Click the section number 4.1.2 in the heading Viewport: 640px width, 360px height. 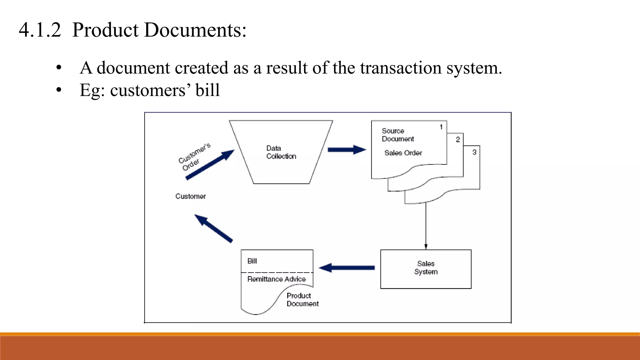(x=40, y=30)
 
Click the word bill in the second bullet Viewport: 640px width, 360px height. (x=207, y=90)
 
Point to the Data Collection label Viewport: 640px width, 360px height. (x=281, y=152)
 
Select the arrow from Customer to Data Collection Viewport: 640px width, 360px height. (x=210, y=164)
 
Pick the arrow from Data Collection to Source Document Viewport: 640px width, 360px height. (x=347, y=150)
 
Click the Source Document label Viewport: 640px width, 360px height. (x=397, y=135)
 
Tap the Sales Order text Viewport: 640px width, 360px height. (x=403, y=153)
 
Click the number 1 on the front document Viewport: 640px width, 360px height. (x=441, y=127)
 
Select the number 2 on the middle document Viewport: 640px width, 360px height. (x=457, y=140)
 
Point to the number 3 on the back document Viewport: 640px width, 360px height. (x=474, y=152)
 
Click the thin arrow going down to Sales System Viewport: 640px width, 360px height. (x=426, y=225)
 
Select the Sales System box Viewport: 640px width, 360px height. (x=426, y=269)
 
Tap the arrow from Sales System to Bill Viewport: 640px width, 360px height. (x=347, y=268)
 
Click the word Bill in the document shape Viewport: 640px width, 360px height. (x=252, y=261)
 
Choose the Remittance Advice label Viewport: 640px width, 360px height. (x=276, y=279)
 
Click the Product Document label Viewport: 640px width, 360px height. (x=302, y=300)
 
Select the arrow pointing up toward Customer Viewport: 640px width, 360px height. (x=213, y=228)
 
